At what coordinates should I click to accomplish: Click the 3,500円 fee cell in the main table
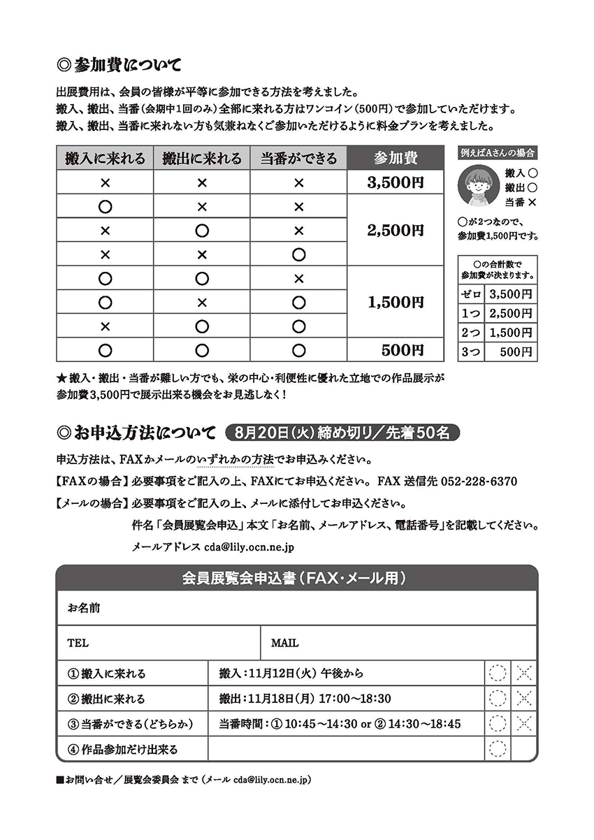coord(395,183)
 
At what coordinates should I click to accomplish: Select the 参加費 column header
coord(395,158)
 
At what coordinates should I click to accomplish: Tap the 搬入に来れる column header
coord(105,158)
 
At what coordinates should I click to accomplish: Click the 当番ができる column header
coord(298,158)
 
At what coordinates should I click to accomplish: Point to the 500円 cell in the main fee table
coord(395,349)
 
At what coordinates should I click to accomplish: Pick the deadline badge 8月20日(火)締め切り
coord(342,433)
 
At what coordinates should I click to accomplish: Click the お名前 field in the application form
coord(296,608)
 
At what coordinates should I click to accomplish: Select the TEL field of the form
coord(158,643)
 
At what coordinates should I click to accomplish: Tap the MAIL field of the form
coord(398,643)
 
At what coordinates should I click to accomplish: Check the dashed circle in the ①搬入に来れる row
coord(497,674)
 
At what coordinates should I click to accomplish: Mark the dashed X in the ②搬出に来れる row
coord(524,698)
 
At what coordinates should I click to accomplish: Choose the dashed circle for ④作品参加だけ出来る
coord(497,749)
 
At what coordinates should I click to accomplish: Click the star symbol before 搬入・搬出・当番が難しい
coord(61,378)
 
